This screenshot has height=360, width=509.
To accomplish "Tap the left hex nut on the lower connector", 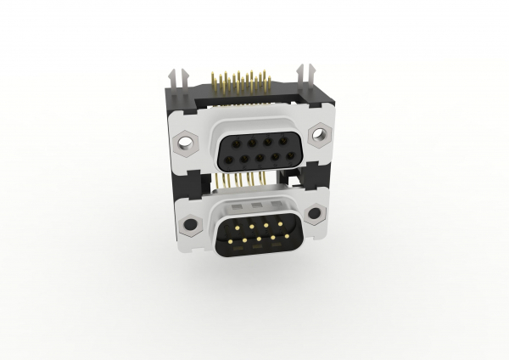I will [x=191, y=225].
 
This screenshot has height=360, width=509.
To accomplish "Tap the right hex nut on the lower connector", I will [x=315, y=212].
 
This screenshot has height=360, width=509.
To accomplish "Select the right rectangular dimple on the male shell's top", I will [x=277, y=206].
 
